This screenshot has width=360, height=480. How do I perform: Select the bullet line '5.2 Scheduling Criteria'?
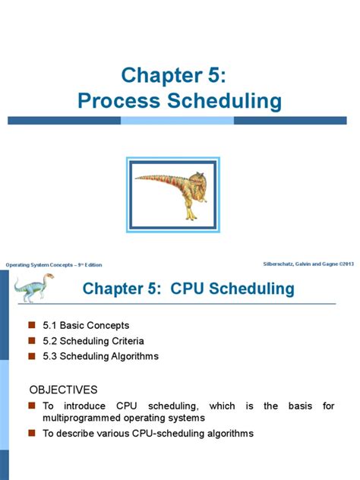(x=93, y=340)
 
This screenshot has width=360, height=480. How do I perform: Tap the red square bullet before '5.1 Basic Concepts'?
(x=32, y=325)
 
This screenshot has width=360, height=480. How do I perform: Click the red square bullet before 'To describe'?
(x=32, y=433)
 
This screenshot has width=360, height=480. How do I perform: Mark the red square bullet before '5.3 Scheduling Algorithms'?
(x=32, y=355)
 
